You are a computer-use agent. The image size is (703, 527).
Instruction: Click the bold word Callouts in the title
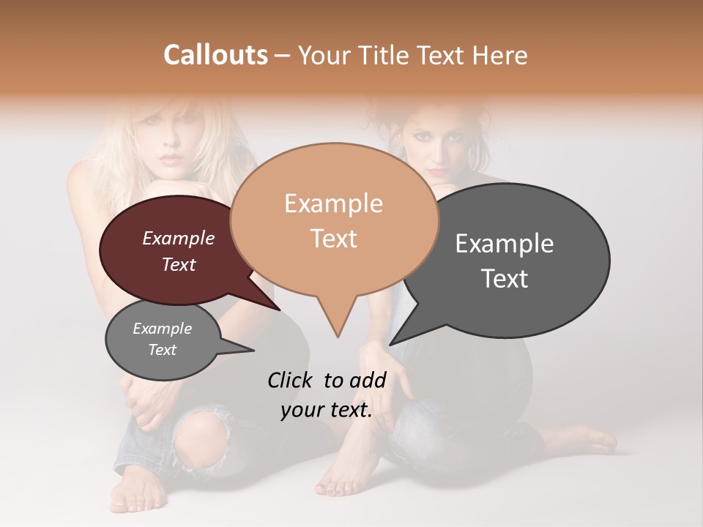[x=215, y=55]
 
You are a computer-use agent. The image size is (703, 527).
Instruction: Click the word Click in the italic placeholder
[x=291, y=380]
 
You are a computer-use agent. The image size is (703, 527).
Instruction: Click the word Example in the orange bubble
[x=333, y=203]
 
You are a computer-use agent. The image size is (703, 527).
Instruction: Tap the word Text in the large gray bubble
[x=505, y=279]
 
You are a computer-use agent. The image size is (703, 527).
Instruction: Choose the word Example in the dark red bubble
[x=179, y=239]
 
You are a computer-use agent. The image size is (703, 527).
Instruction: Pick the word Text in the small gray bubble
[x=163, y=350]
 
